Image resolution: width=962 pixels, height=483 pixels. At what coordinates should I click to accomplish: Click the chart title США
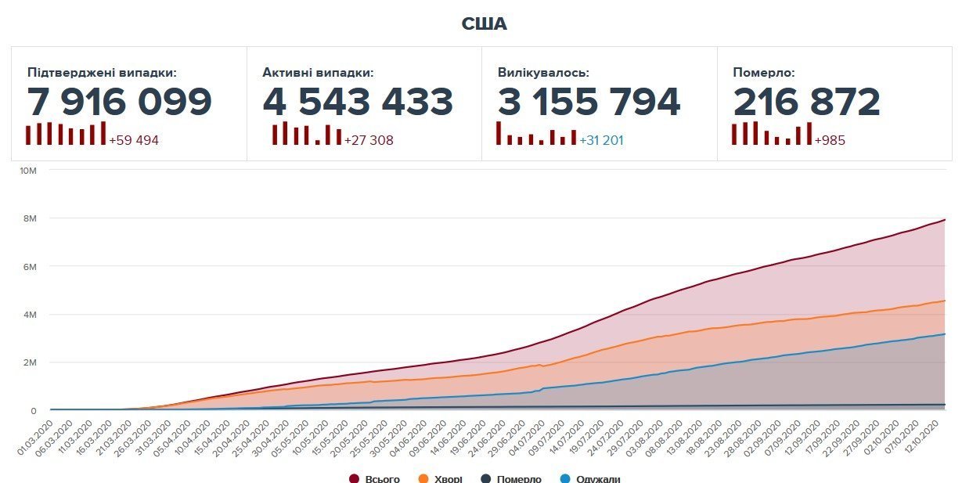pos(484,24)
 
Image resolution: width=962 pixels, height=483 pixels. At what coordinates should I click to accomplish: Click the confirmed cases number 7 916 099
pos(120,102)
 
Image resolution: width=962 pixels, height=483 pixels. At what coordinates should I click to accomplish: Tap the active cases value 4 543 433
pos(358,102)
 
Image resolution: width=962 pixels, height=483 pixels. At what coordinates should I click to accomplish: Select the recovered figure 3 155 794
pos(589,102)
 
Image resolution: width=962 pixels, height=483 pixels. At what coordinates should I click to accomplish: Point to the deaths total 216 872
pos(807,102)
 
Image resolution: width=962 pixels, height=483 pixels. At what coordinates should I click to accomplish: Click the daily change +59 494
pos(134,141)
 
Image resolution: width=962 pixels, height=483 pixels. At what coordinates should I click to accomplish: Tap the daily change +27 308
pos(369,141)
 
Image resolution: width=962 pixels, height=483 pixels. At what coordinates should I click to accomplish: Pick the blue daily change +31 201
pos(601,141)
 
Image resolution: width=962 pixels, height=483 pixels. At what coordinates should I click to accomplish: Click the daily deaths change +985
pos(830,141)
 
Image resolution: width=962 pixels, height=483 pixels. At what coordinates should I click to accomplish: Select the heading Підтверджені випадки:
pos(102,73)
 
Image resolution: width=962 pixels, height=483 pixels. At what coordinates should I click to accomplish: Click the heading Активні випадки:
pos(318,73)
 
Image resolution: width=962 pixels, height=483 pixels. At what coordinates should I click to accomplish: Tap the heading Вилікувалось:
pos(543,73)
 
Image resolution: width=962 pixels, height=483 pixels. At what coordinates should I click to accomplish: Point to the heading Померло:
pos(764,73)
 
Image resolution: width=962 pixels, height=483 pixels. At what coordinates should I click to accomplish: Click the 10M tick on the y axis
pos(28,170)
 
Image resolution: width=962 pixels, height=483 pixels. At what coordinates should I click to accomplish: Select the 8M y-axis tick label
pos(30,218)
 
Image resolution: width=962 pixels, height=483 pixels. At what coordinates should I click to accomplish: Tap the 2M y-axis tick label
pos(30,362)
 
